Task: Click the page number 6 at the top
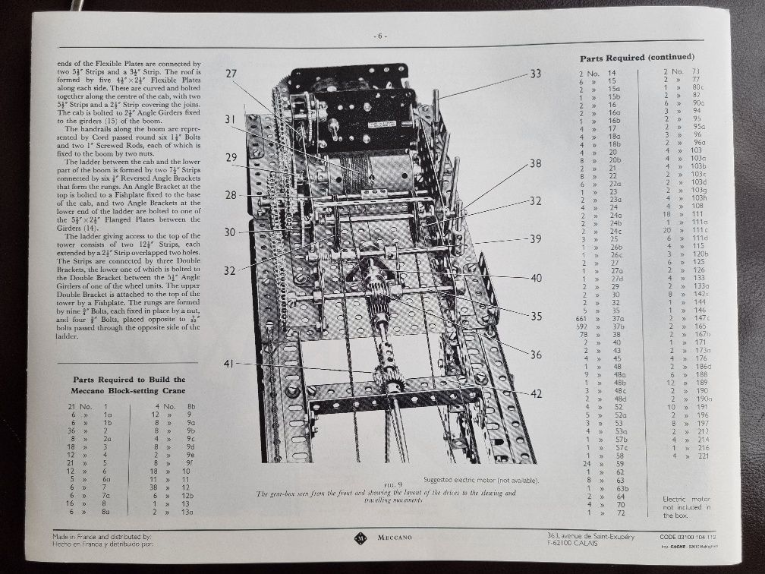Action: (381, 36)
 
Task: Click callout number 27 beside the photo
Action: (232, 74)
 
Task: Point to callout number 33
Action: (536, 74)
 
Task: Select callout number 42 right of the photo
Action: (536, 393)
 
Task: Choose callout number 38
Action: (536, 163)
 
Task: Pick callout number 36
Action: (536, 354)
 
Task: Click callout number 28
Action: (231, 195)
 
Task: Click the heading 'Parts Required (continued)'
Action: (637, 58)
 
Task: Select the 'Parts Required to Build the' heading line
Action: (128, 379)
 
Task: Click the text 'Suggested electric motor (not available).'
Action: (480, 480)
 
